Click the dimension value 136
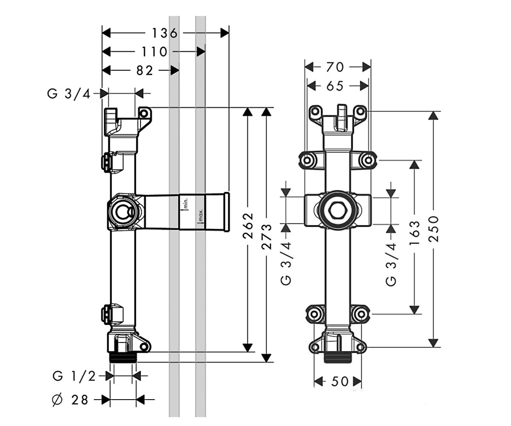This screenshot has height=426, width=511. tap(164, 33)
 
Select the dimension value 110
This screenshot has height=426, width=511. tap(155, 52)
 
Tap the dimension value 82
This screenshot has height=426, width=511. tap(145, 71)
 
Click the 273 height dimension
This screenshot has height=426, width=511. tap(267, 236)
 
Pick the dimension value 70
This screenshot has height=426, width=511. tap(335, 67)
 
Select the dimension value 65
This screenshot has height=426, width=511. tap(335, 86)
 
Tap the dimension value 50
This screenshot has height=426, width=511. tap(340, 381)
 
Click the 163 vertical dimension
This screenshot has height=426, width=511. tap(414, 233)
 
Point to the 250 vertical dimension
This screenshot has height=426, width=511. tap(433, 229)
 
